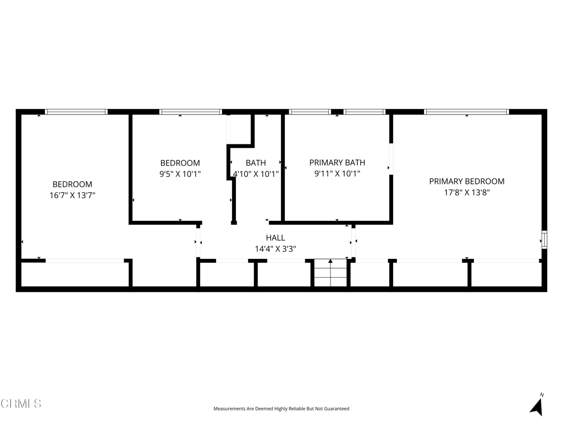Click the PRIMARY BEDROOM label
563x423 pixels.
[x=466, y=181]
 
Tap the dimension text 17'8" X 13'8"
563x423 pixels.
[x=467, y=192]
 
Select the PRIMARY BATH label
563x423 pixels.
[x=337, y=162]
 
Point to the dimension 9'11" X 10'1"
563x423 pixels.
[x=337, y=173]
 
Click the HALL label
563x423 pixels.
[x=275, y=238]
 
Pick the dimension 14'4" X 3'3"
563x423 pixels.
[x=275, y=249]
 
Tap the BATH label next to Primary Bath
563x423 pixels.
[x=256, y=163]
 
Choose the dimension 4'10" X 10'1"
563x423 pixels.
[x=256, y=174]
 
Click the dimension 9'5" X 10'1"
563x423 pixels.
[x=180, y=174]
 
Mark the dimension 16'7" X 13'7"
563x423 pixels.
[x=72, y=196]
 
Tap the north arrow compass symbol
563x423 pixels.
[x=537, y=405]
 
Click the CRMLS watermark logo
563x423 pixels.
[x=21, y=404]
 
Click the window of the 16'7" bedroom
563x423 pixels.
[x=76, y=112]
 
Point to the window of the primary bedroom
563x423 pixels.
[x=466, y=112]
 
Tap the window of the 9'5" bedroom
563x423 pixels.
[x=191, y=112]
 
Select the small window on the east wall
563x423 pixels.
[x=544, y=240]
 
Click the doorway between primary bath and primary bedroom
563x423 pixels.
[x=391, y=159]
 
